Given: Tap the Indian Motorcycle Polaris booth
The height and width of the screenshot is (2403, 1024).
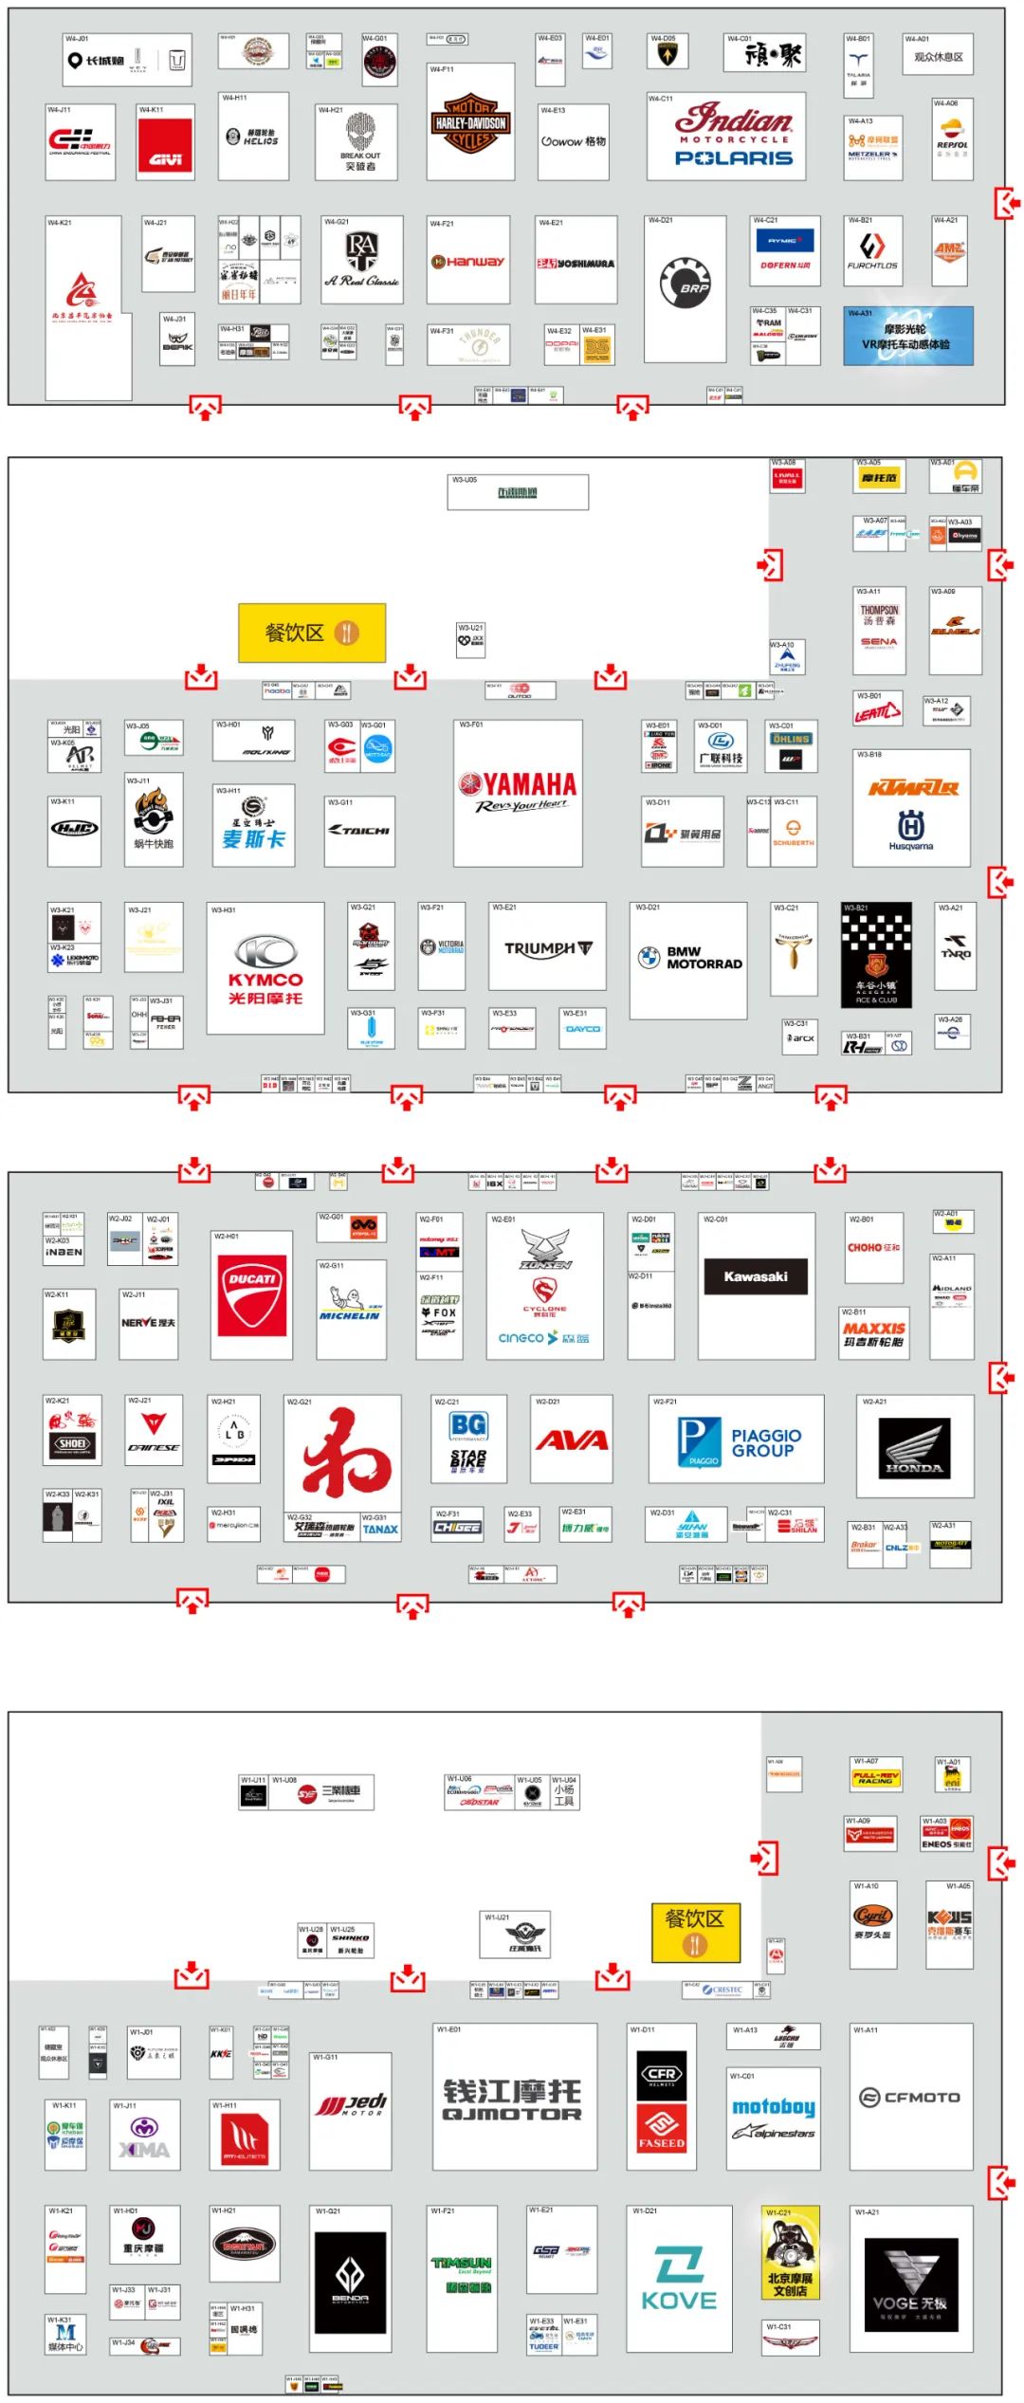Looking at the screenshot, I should (734, 136).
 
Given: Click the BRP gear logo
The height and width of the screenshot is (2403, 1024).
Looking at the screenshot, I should (685, 282).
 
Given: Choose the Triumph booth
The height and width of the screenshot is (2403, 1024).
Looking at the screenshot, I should (547, 947).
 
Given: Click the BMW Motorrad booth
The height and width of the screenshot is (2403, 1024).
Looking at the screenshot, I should (688, 958).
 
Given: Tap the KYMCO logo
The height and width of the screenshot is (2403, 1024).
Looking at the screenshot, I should (265, 966).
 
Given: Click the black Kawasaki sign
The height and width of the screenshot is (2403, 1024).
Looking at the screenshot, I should (756, 1276).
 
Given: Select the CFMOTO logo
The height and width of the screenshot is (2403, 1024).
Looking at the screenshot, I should (909, 2097).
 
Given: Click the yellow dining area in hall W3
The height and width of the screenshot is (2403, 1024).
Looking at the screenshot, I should (312, 633).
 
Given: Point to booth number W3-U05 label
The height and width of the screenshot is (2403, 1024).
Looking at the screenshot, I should (465, 480).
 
